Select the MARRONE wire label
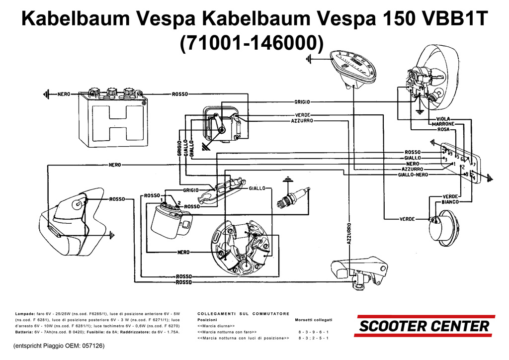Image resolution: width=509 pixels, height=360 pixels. (x=439, y=124)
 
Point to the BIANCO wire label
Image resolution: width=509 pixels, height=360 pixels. (x=450, y=202)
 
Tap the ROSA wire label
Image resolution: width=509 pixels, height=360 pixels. (x=443, y=129)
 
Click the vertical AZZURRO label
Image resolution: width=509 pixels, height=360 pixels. (x=349, y=233)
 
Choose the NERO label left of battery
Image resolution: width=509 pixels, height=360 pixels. (x=64, y=94)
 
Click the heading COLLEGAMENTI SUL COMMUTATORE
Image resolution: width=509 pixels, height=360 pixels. (x=243, y=314)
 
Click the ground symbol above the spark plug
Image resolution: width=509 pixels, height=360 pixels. (x=287, y=180)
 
